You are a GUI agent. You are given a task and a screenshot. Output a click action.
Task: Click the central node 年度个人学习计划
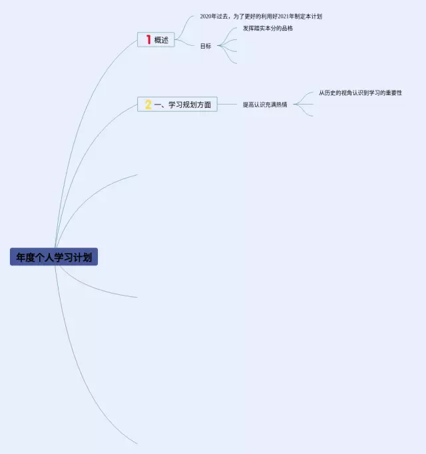pyautogui.click(x=54, y=257)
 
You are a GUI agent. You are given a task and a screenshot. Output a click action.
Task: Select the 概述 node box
pyautogui.click(x=156, y=40)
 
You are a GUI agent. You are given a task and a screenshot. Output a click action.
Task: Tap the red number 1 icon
pyautogui.click(x=148, y=40)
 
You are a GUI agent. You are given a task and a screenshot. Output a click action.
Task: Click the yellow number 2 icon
pyautogui.click(x=148, y=105)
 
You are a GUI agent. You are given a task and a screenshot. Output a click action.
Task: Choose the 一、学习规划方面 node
pyautogui.click(x=177, y=105)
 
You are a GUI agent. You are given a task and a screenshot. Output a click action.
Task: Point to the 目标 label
pyautogui.click(x=206, y=46)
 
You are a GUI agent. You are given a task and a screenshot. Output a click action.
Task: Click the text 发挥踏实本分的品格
pyautogui.click(x=268, y=28)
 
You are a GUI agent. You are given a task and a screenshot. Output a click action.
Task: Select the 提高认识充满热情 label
pyautogui.click(x=265, y=105)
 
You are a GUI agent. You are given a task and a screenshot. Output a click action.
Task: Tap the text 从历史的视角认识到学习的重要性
pyautogui.click(x=361, y=93)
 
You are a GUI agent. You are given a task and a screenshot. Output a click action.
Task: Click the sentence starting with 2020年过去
pyautogui.click(x=261, y=16)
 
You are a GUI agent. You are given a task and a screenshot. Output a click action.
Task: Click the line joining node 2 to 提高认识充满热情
pyautogui.click(x=227, y=105)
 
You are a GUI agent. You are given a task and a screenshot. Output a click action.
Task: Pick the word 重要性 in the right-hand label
pyautogui.click(x=394, y=93)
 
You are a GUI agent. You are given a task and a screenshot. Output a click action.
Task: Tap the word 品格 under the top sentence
pyautogui.click(x=288, y=28)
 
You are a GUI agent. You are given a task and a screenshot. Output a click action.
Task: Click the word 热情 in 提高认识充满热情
pyautogui.click(x=282, y=105)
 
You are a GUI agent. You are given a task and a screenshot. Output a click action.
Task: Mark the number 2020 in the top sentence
pyautogui.click(x=206, y=16)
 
